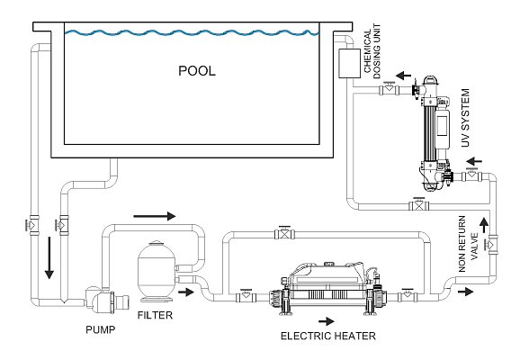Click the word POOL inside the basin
pyautogui.click(x=197, y=70)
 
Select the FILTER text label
pyautogui.click(x=154, y=317)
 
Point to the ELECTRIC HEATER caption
pyautogui.click(x=328, y=337)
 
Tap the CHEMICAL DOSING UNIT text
pyautogui.click(x=370, y=56)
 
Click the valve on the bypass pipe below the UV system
pyautogui.click(x=416, y=206)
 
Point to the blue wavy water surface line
pyautogui.click(x=197, y=34)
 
